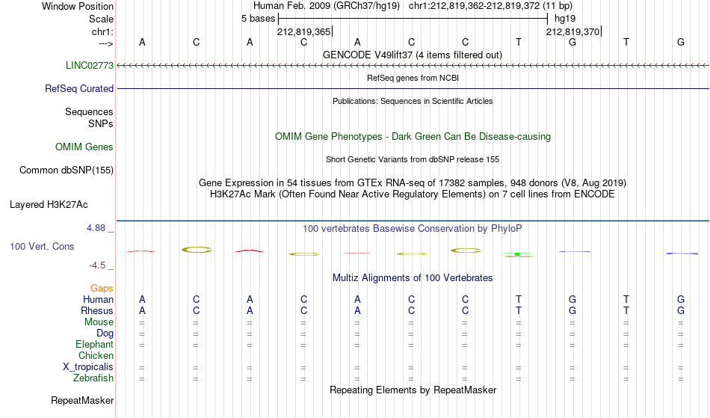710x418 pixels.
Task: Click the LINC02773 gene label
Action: coord(90,65)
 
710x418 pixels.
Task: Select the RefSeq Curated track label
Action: coord(79,88)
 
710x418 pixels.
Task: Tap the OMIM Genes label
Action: coord(84,147)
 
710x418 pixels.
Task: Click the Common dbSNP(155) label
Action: coord(67,170)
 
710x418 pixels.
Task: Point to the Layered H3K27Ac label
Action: coord(49,205)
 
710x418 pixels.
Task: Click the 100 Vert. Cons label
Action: coord(42,246)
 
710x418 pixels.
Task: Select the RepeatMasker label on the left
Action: coord(82,400)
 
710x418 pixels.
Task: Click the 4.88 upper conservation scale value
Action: coord(96,228)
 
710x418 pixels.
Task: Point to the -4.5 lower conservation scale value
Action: coord(97,265)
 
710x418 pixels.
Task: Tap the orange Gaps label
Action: coord(102,289)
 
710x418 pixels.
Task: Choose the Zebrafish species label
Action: coord(93,378)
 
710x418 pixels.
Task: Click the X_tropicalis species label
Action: coord(88,367)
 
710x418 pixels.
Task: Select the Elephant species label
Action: coord(94,344)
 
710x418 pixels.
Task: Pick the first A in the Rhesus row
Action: coord(142,310)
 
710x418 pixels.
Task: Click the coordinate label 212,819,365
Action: coord(304,31)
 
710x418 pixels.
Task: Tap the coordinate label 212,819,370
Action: coord(572,31)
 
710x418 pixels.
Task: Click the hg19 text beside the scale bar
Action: coord(565,19)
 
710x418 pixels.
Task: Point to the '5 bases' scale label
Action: coord(258,19)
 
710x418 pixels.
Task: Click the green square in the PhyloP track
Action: coord(517,254)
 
